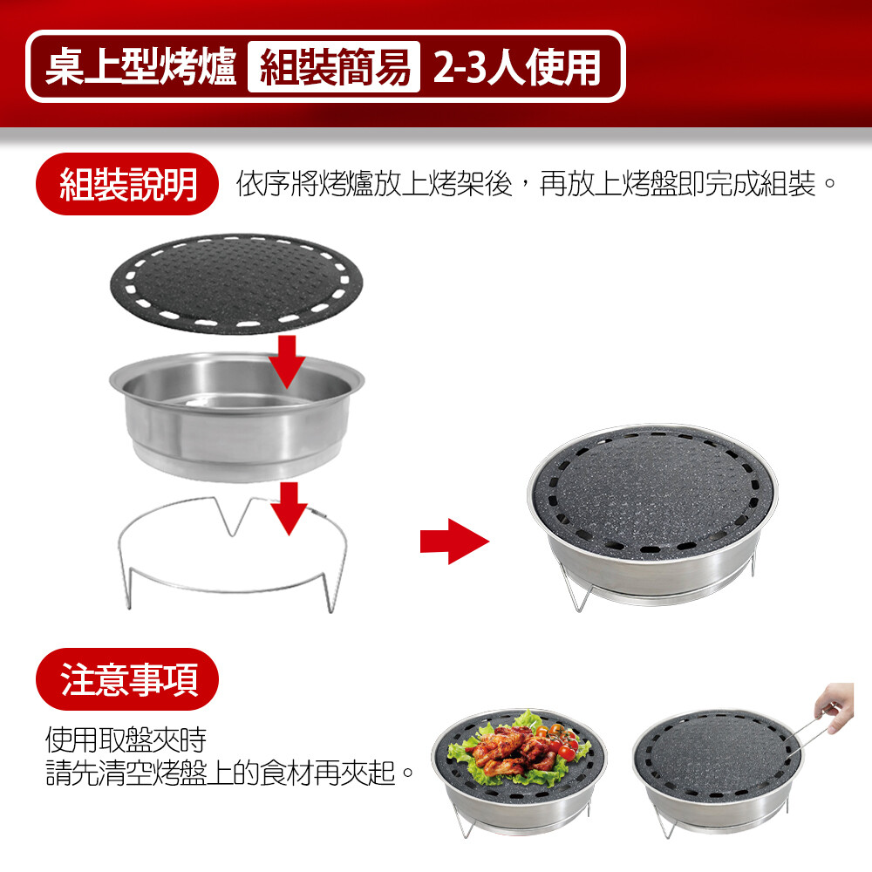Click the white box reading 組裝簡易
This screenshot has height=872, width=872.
(x=334, y=67)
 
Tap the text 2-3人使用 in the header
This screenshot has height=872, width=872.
(x=516, y=67)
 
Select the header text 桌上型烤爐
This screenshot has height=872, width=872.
(x=140, y=67)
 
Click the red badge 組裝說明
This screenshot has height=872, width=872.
(x=127, y=184)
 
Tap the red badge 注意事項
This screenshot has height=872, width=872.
(x=127, y=679)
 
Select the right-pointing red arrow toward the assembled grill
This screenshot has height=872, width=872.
(x=454, y=542)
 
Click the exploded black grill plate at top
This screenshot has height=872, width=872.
(x=236, y=283)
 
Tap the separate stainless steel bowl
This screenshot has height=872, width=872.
(x=236, y=417)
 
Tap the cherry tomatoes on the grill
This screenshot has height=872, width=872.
(x=559, y=739)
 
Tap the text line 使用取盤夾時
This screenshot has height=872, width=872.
(x=126, y=739)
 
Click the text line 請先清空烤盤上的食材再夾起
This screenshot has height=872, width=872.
(x=229, y=773)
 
